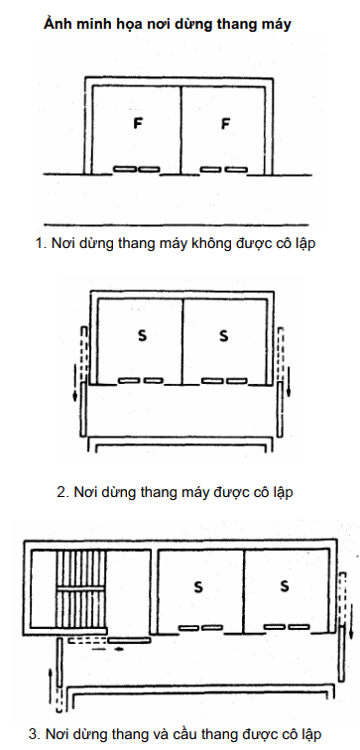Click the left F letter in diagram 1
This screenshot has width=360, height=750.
(x=138, y=123)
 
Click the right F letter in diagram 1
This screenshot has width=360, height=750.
(x=225, y=124)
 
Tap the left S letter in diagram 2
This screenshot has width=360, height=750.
(x=142, y=335)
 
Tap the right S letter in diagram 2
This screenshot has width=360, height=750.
(x=223, y=335)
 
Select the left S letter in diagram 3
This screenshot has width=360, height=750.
(x=198, y=586)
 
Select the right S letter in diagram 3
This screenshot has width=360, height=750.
(x=285, y=585)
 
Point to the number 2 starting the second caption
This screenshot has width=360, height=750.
(x=60, y=492)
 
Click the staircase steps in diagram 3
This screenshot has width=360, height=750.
(x=80, y=588)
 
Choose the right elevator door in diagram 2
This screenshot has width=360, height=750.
(x=224, y=381)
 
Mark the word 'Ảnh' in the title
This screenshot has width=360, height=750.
(x=56, y=24)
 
